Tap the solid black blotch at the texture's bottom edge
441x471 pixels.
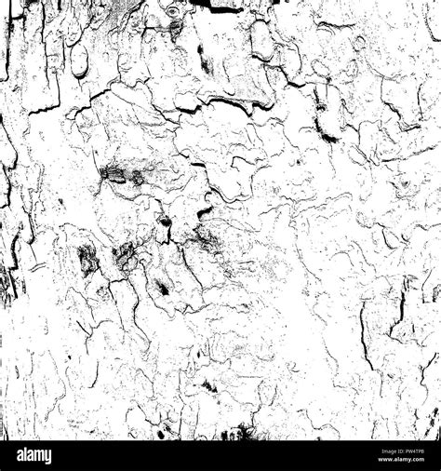pyautogui.click(x=244, y=432)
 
